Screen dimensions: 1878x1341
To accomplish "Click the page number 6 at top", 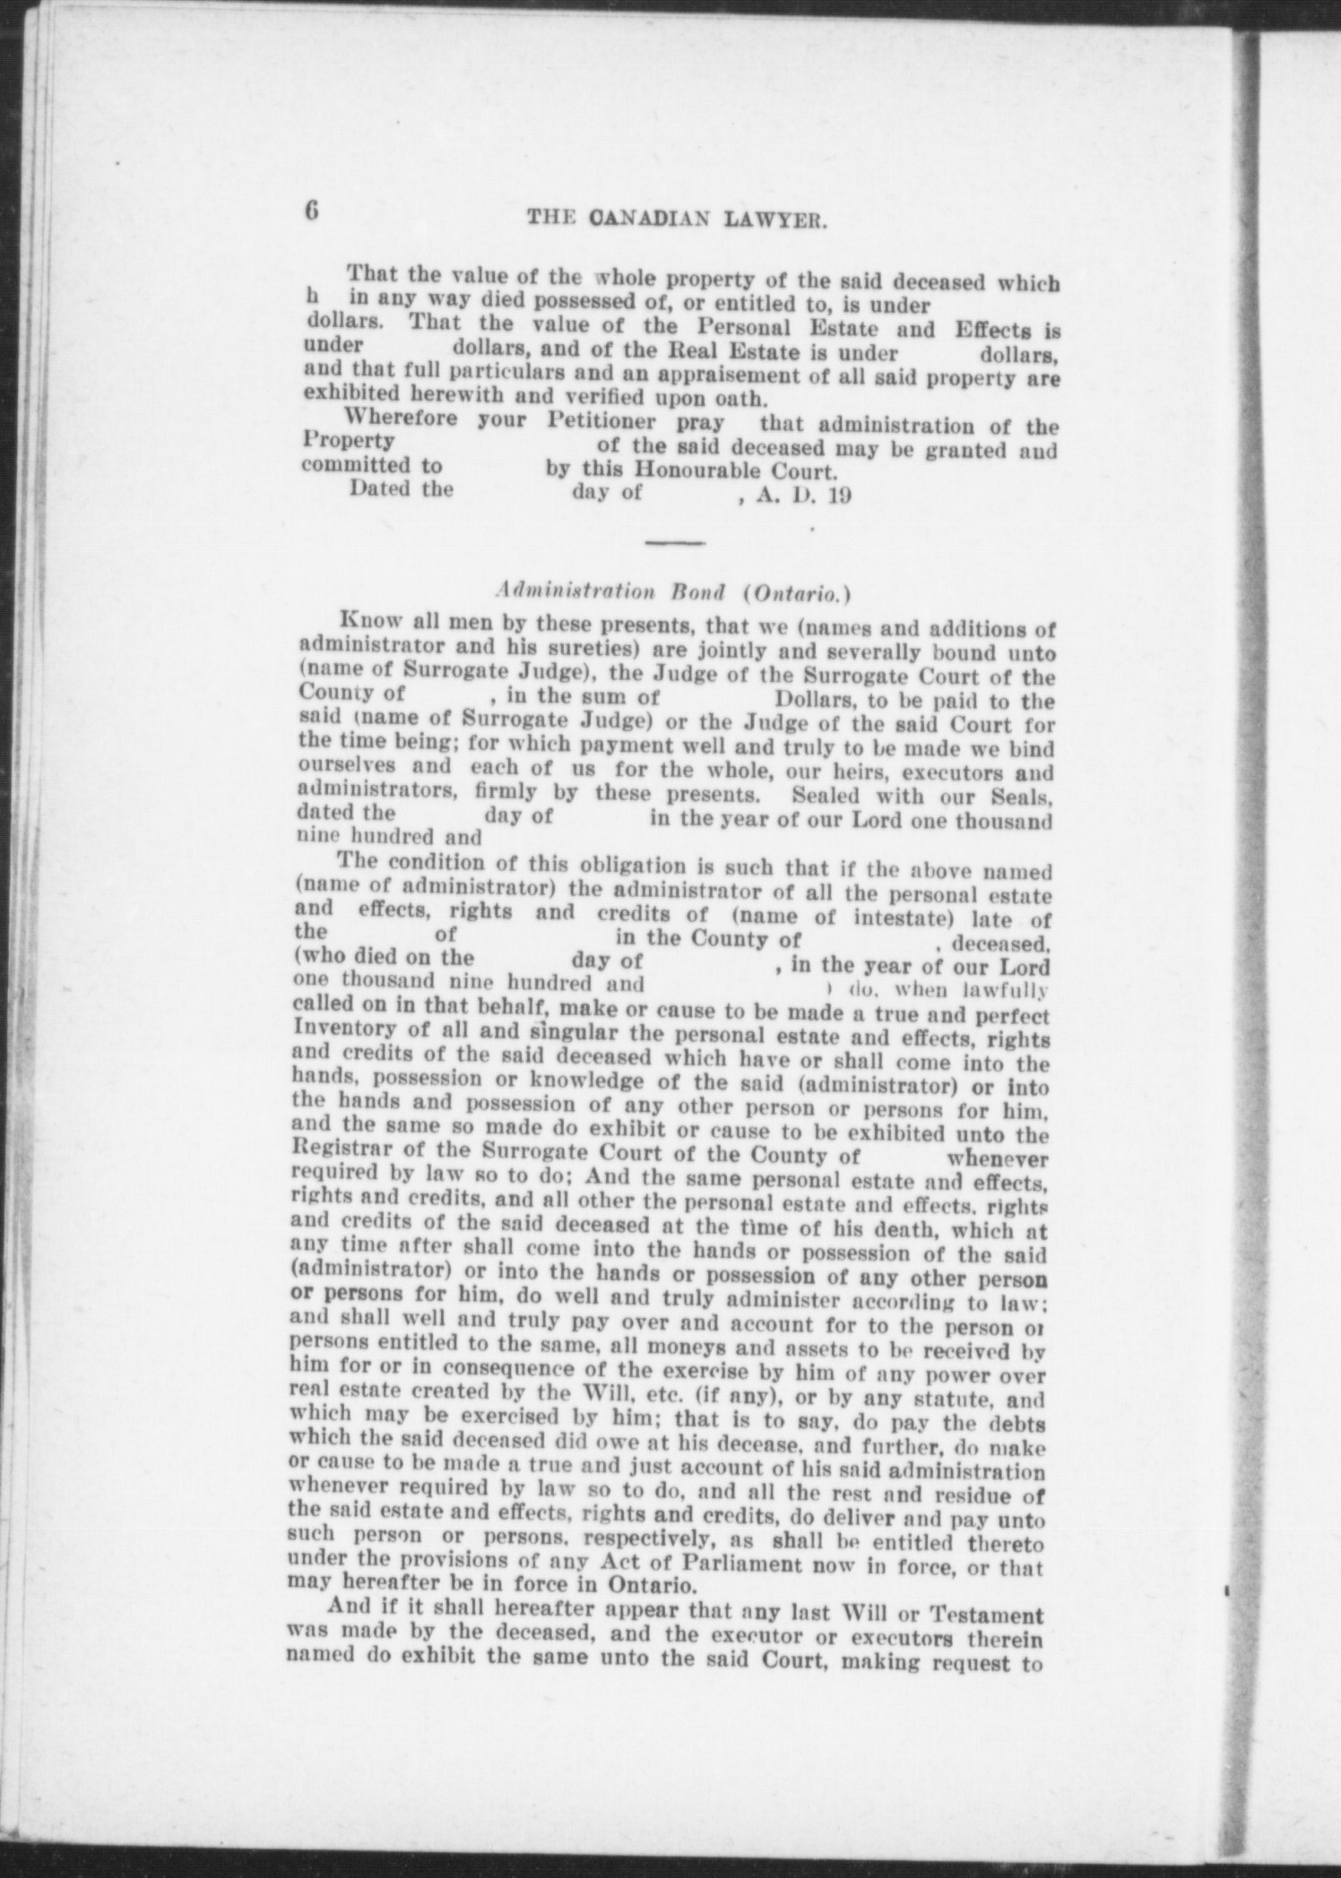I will pos(310,214).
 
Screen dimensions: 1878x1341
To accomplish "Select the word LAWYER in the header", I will pos(774,220).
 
